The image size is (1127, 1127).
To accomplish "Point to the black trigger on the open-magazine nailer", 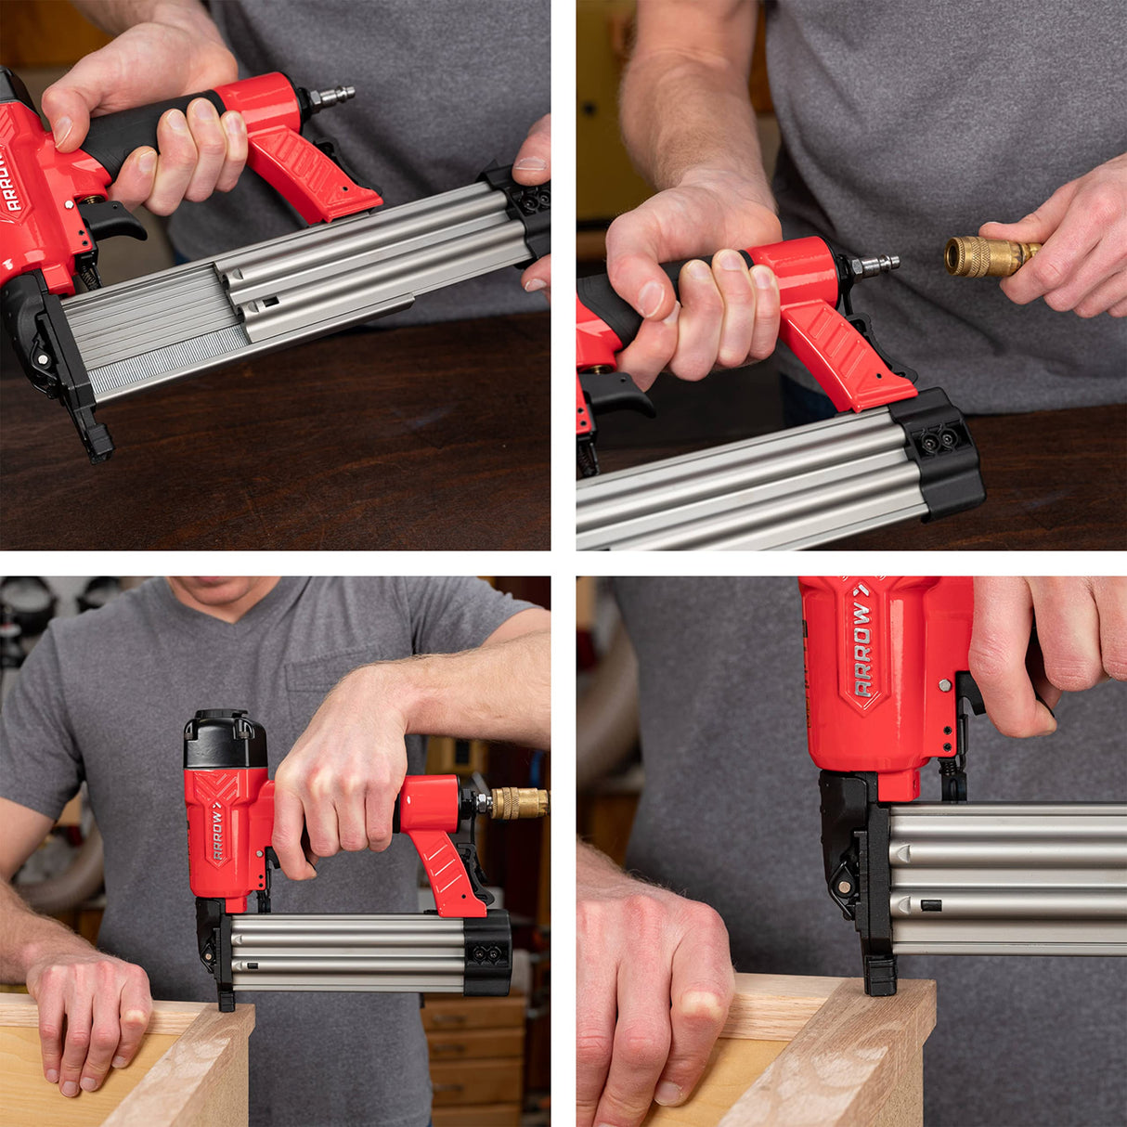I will pyautogui.click(x=116, y=222).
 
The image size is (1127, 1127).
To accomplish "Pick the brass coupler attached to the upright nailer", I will pyautogui.click(x=518, y=803).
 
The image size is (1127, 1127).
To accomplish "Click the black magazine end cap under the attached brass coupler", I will pyautogui.click(x=486, y=952).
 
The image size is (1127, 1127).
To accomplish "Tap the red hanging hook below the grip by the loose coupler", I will pyautogui.click(x=836, y=353).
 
